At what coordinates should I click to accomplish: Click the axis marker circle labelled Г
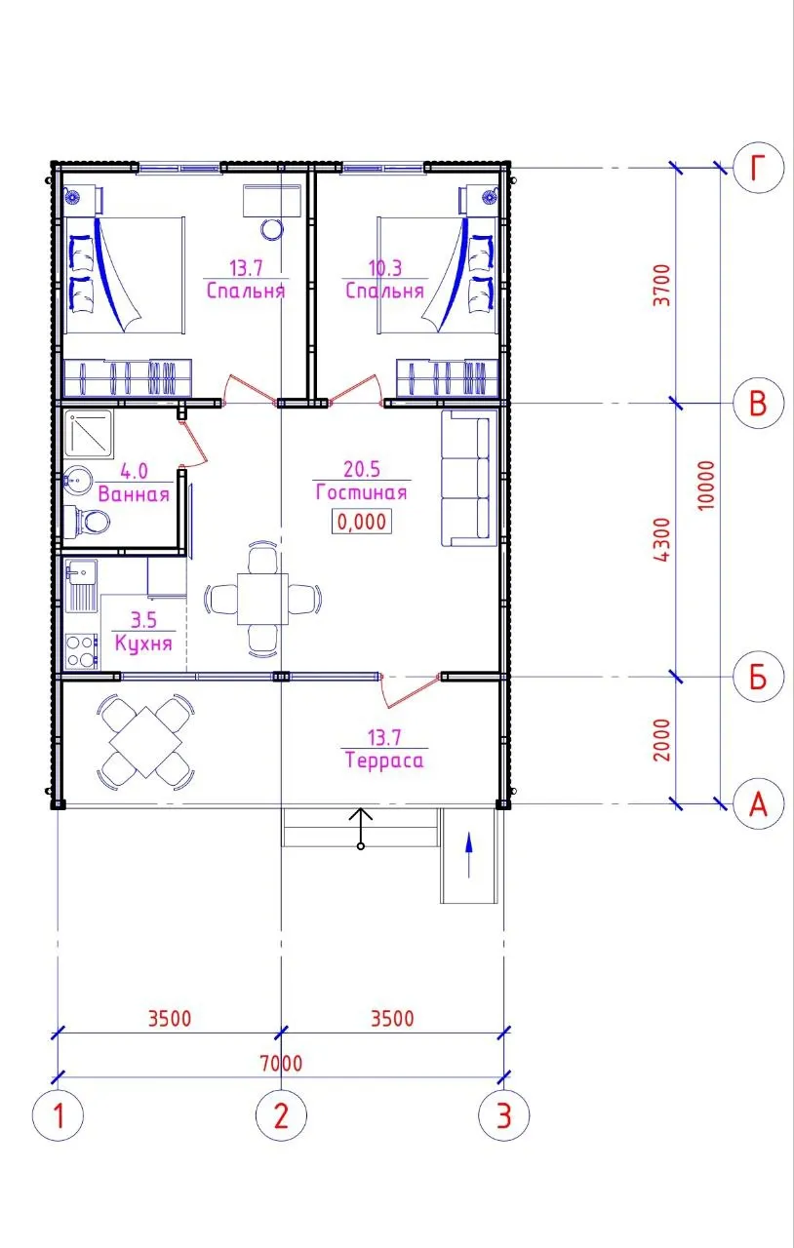[x=758, y=168]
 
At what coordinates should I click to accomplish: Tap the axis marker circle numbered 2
[x=281, y=1115]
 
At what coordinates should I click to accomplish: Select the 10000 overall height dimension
[x=705, y=485]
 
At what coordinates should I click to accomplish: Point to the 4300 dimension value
[x=662, y=539]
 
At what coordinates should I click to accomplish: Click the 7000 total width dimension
[x=281, y=1063]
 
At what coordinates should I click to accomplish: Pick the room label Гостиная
[x=361, y=492]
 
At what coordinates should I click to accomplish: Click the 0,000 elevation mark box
[x=362, y=522]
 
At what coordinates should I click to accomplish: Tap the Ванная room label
[x=134, y=494]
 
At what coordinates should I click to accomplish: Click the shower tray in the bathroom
[x=88, y=435]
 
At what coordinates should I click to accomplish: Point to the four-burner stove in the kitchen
[x=81, y=650]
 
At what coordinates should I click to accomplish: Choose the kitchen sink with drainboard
[x=81, y=586]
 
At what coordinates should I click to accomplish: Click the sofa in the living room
[x=469, y=478]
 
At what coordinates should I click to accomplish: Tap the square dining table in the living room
[x=262, y=599]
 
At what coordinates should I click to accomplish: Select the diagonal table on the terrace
[x=145, y=742]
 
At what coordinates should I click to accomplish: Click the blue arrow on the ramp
[x=469, y=855]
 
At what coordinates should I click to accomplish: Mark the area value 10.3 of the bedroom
[x=384, y=268]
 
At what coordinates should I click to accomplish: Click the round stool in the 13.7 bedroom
[x=271, y=229]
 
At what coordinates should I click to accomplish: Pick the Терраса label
[x=384, y=760]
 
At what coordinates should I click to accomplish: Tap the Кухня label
[x=143, y=643]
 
